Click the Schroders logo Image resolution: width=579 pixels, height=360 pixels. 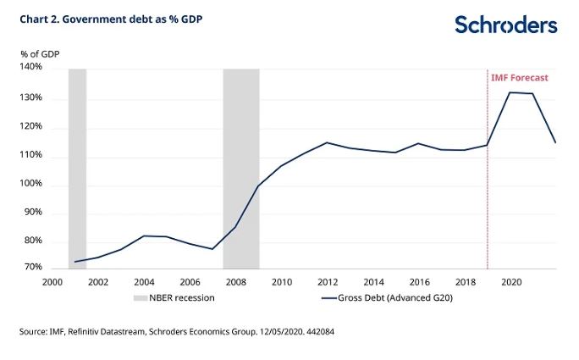coord(505,25)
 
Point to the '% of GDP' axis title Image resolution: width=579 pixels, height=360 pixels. coord(40,54)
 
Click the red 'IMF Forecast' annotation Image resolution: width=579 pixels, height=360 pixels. coord(519,78)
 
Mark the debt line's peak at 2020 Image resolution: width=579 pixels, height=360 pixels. coord(510,92)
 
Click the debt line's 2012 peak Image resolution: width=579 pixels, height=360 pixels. coord(327,142)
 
